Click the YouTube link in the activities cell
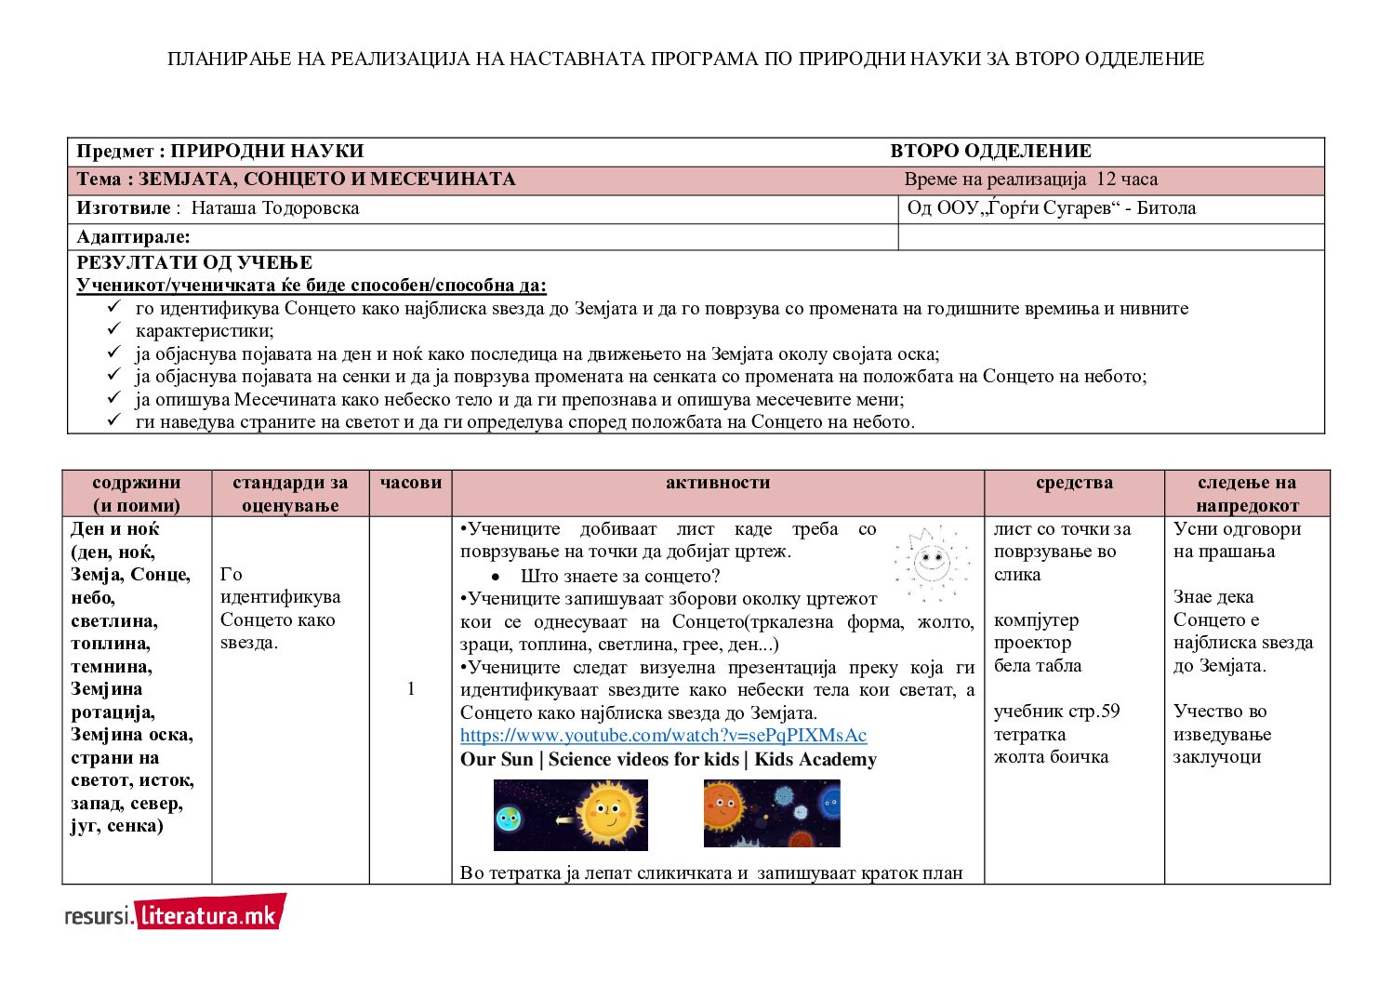(663, 736)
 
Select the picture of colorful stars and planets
(772, 813)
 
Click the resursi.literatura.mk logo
(175, 913)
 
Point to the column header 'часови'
(411, 483)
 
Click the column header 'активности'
(718, 483)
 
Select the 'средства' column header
(1074, 483)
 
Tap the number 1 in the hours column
(411, 689)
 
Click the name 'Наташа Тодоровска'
(275, 208)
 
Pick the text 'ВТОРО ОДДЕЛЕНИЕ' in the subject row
(990, 152)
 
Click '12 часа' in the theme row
(1127, 180)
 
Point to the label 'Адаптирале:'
(133, 237)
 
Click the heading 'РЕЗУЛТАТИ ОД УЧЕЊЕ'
(194, 263)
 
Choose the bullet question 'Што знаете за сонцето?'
(620, 576)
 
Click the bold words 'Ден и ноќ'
(115, 529)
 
